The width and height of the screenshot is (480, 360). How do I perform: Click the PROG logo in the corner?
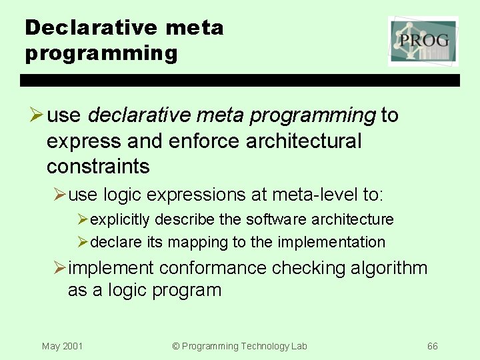click(423, 41)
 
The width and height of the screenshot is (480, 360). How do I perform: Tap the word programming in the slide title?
click(101, 53)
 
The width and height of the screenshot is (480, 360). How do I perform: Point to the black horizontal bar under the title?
click(240, 80)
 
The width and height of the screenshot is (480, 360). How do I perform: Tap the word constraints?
click(98, 165)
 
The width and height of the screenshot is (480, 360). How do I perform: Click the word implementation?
click(331, 242)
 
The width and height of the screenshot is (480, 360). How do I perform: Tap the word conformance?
click(213, 268)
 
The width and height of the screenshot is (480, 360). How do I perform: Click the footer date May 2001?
click(62, 346)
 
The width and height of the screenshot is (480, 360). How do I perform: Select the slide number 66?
click(433, 346)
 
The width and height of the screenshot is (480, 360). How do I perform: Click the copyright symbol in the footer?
click(176, 346)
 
